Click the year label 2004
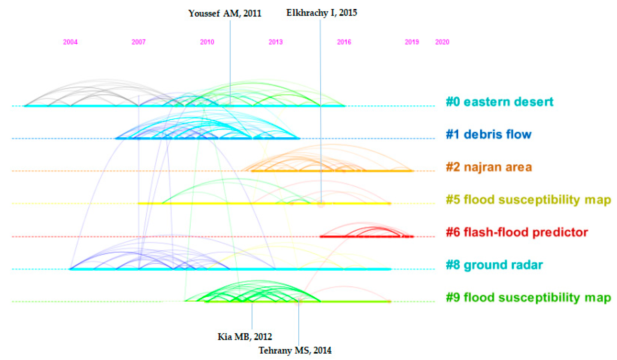coord(70,42)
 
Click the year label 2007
coord(139,42)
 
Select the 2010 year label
coord(207,42)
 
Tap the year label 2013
coord(275,42)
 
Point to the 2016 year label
coord(344,42)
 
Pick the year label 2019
coord(412,42)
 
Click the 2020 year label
coord(442,42)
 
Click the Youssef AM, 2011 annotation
coord(225,13)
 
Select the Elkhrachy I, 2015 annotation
coord(322,13)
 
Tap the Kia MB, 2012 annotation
coord(245,337)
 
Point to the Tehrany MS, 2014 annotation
coord(295,350)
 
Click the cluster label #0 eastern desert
coord(499,102)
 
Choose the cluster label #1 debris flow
coord(488,134)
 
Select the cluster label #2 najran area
coord(489,167)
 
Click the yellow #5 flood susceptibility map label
coord(528,199)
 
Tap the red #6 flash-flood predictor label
coord(517,232)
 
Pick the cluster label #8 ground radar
coord(494,265)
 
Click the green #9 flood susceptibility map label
coord(528,297)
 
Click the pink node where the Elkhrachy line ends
coord(321,204)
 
